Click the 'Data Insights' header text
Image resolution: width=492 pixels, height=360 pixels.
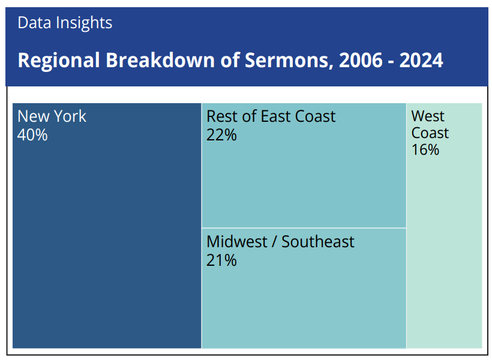tap(65, 23)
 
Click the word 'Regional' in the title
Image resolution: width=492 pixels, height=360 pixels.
tap(59, 61)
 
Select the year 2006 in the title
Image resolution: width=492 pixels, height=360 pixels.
tap(361, 60)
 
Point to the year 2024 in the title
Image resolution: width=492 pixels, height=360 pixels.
tap(421, 60)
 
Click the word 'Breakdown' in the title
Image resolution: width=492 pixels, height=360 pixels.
tap(160, 59)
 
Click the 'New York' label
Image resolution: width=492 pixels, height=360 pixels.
tap(52, 116)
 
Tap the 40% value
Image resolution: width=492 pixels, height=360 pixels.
tap(32, 135)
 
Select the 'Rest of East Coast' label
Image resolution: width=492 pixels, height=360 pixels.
tap(271, 116)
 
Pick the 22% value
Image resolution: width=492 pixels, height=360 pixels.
tap(221, 135)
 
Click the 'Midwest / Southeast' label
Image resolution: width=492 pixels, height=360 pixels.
tap(280, 242)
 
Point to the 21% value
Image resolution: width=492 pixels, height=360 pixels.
tap(221, 260)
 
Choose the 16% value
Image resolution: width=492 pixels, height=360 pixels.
tap(425, 150)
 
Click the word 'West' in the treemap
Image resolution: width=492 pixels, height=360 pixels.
tap(428, 116)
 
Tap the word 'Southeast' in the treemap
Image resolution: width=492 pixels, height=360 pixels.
tap(318, 242)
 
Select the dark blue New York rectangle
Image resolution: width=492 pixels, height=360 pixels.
tap(107, 226)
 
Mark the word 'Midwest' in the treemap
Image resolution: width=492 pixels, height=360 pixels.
tap(237, 242)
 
